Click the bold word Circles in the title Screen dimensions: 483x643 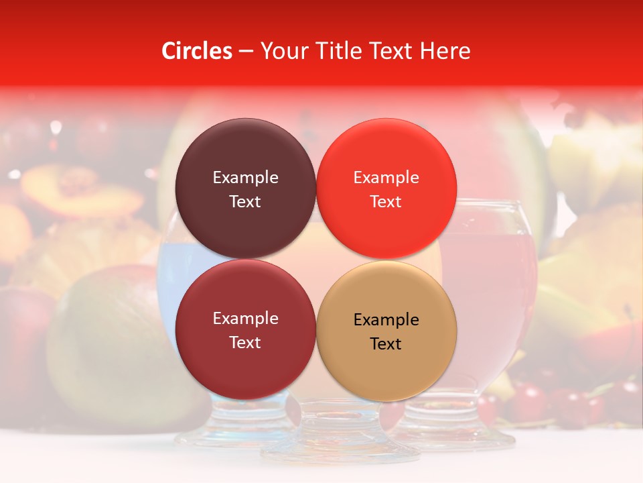point(196,51)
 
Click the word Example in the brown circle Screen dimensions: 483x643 point(245,178)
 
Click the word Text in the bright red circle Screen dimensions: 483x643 point(386,202)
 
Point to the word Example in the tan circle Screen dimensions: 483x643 point(386,320)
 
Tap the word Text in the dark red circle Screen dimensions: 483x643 point(245,343)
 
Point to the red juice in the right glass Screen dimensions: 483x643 point(496,282)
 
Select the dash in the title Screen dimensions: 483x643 point(246,51)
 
